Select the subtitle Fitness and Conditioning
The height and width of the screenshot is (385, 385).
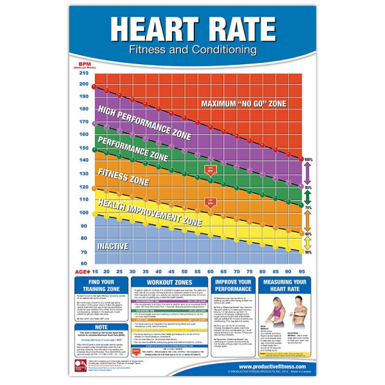pyautogui.click(x=193, y=49)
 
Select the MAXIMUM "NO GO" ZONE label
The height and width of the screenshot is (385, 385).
pyautogui.click(x=244, y=103)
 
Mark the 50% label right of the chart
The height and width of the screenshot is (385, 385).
pyautogui.click(x=308, y=252)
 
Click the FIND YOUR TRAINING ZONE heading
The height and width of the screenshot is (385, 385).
pyautogui.click(x=103, y=286)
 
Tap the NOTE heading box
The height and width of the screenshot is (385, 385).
pyautogui.click(x=103, y=327)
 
